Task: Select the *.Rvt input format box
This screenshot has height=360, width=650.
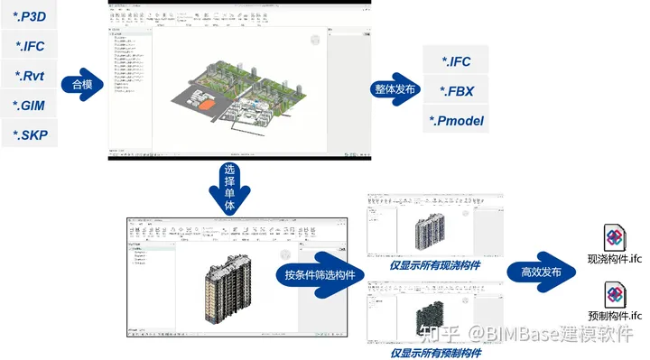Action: click(32, 75)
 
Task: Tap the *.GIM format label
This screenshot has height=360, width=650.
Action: click(32, 106)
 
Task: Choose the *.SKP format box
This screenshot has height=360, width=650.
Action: click(32, 136)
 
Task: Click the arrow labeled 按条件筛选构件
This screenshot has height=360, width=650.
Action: click(309, 275)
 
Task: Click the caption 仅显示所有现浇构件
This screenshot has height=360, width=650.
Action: click(434, 265)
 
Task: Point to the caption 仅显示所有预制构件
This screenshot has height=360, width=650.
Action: click(434, 353)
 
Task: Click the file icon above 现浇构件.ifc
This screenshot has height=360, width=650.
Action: click(614, 238)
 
